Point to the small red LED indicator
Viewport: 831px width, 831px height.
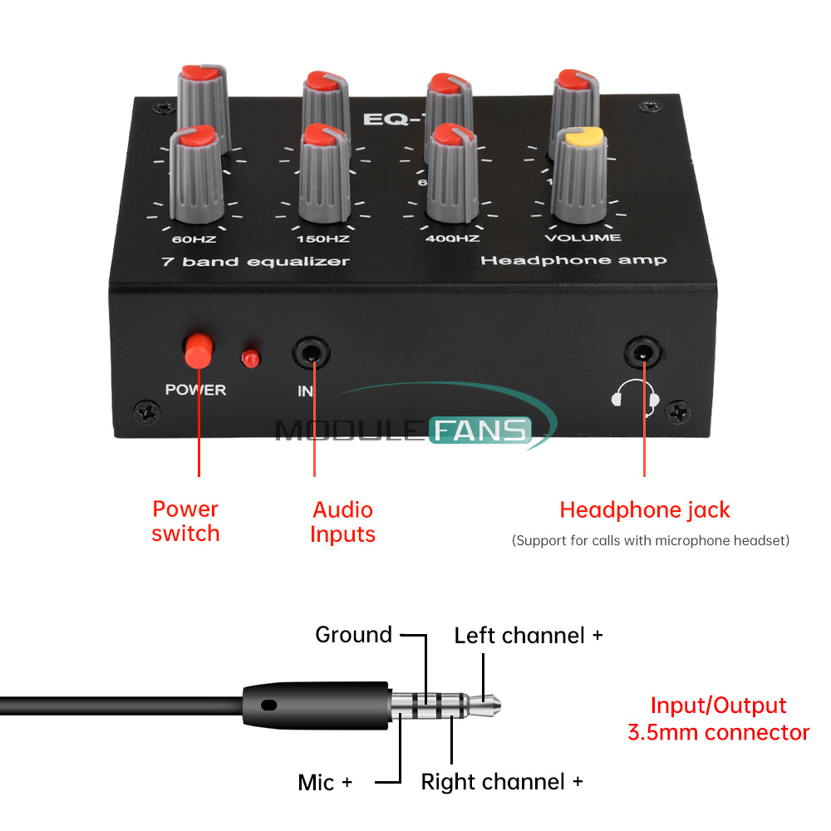248,359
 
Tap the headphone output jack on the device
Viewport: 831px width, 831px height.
644,353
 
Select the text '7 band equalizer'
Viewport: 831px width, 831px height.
255,262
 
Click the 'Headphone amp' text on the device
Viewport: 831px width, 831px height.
573,261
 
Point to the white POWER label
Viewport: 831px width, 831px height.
195,390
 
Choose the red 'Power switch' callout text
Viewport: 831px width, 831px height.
185,521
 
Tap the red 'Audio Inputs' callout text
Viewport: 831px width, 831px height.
342,521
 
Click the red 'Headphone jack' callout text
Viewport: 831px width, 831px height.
645,509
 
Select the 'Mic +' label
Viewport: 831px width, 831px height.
325,782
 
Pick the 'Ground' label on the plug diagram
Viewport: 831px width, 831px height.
353,635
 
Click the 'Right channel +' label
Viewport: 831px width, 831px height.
502,782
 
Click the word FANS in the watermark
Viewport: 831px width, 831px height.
479,430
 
